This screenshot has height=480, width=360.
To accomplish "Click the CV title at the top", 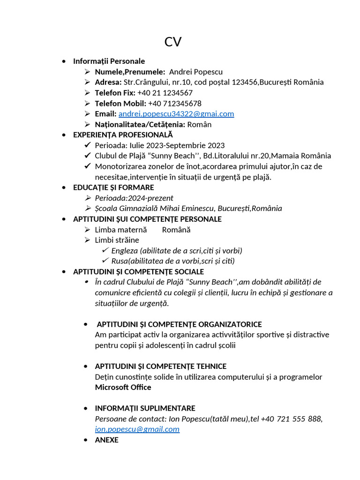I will coord(172,42).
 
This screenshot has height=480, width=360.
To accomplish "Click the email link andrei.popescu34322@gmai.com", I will coord(176,114).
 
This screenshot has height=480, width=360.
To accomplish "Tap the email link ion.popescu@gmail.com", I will coord(137,429).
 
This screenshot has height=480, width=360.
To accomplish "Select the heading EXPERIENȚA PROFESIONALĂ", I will coord(123,135).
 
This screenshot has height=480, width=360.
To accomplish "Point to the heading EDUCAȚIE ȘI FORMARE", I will coord(113,187).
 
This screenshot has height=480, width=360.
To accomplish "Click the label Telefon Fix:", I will coord(115,93).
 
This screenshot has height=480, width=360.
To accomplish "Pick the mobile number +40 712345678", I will coord(175,103).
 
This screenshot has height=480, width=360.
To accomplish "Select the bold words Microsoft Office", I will coord(123,387).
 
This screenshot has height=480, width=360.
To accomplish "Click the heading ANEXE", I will coord(106,440).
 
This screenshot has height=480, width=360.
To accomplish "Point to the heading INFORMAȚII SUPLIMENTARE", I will coord(145,408).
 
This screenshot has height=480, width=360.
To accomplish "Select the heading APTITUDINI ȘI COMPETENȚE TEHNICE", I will coord(160,366).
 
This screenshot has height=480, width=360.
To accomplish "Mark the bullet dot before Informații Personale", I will coord(64,61).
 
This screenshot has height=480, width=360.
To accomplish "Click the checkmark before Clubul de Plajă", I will coord(88,156).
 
